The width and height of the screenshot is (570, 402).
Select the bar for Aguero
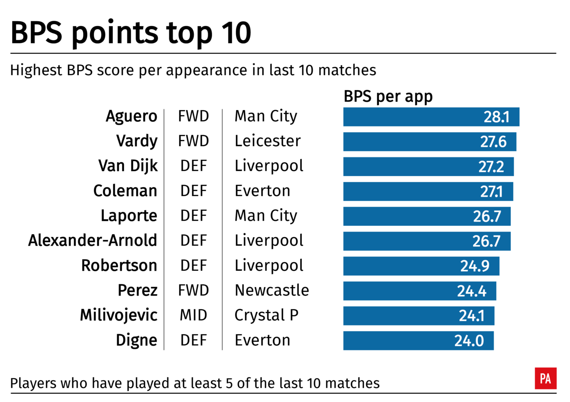[431, 117]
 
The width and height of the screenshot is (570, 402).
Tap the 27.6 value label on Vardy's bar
[493, 142]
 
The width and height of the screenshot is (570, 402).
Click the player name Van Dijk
[128, 166]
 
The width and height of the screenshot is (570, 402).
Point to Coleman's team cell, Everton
[262, 191]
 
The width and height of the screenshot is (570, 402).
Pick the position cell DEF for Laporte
[193, 216]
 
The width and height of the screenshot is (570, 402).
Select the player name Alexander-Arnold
[93, 240]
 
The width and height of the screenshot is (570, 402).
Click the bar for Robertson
[421, 266]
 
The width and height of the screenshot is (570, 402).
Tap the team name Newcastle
[272, 290]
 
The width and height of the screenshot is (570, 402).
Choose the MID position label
[193, 315]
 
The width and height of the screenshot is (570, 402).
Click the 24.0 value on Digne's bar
[469, 341]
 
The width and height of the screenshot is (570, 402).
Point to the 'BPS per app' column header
[388, 96]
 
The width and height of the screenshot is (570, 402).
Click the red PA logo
[545, 379]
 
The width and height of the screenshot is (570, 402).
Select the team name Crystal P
[266, 315]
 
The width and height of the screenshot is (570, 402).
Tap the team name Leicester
[267, 141]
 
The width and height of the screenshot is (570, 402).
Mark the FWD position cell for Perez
[193, 290]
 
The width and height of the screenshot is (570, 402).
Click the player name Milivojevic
[119, 315]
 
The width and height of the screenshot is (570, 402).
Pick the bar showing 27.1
[428, 192]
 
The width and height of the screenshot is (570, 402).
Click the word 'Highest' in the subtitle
[36, 70]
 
